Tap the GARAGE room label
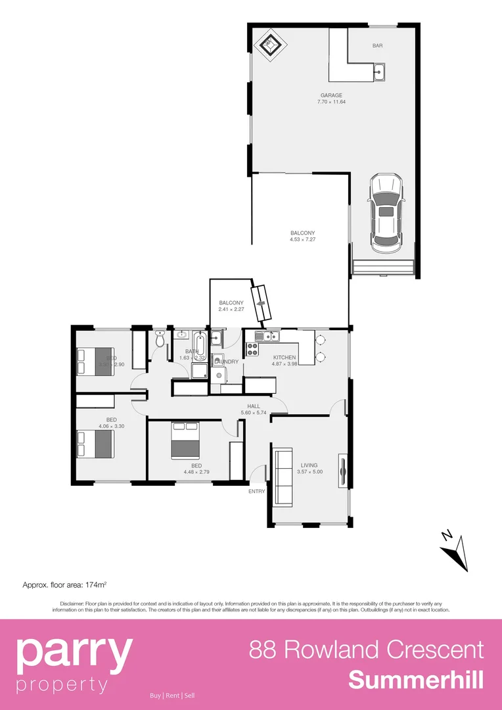(331, 95)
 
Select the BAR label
(377, 46)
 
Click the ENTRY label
(257, 491)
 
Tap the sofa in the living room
(283, 477)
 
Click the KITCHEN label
(285, 358)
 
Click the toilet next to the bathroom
(160, 339)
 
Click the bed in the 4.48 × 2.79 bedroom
(185, 440)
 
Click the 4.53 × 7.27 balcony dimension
(303, 240)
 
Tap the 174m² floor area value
(93, 584)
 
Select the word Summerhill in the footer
(416, 680)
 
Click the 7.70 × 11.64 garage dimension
(331, 102)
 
